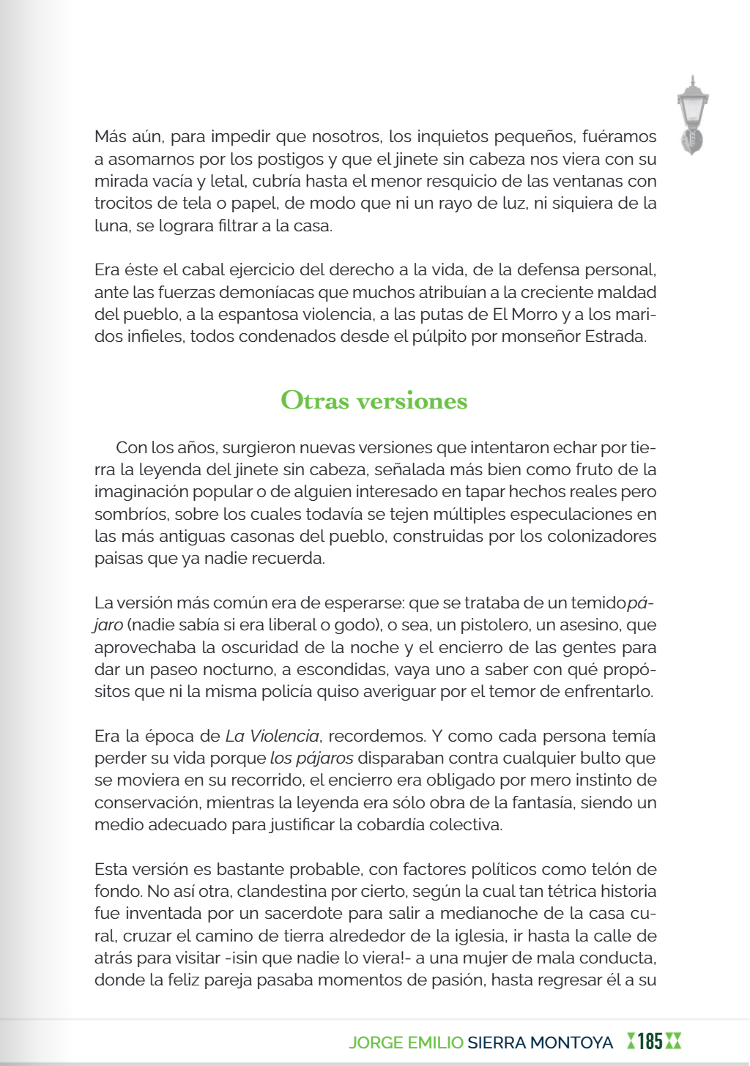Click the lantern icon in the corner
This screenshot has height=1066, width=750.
pos(692,115)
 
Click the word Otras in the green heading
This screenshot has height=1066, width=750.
pos(314,400)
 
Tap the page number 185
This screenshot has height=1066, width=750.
pos(650,1041)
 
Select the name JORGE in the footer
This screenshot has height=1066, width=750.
pos(375,1042)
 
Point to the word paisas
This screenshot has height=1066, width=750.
pos(116,559)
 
